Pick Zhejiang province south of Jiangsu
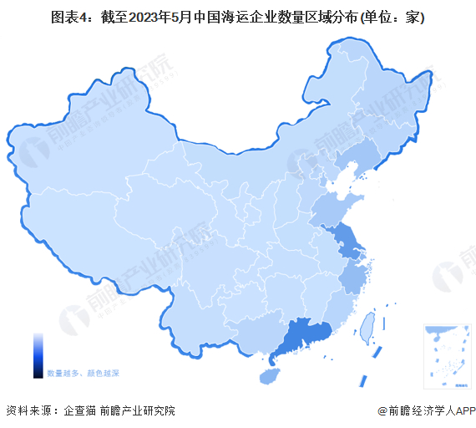356,277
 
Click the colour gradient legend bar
38,355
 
